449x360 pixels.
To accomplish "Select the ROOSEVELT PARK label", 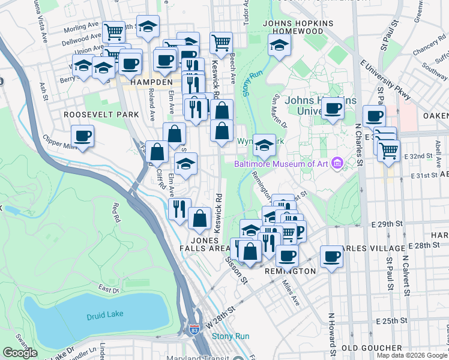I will point(101,114).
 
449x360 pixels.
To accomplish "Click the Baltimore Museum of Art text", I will point(282,163).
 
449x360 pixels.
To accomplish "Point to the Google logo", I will point(20,353).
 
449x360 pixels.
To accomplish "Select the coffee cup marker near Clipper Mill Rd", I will point(82,135).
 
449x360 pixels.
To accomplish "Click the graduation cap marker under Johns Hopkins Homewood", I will point(279,45).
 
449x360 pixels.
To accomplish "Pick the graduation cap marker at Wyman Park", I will point(264,145).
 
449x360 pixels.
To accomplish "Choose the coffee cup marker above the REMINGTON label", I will point(287,255).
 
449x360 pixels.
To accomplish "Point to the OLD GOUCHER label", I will point(372,348).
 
